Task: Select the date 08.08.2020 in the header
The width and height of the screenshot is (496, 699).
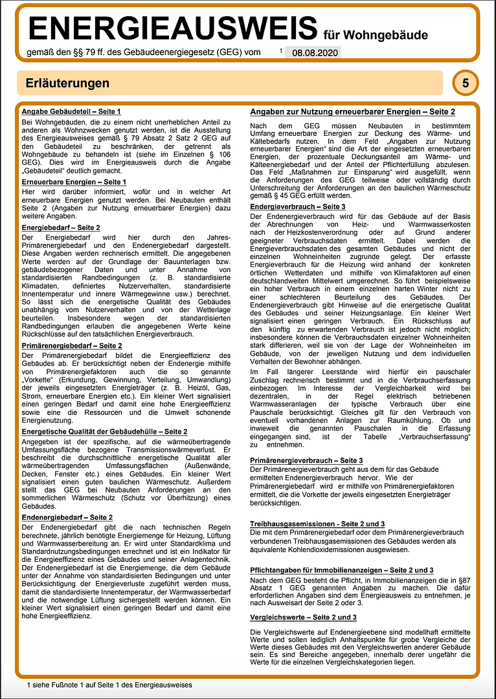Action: [313, 53]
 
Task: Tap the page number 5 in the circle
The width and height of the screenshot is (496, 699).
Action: [466, 83]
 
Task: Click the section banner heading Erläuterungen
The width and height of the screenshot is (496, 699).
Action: [67, 83]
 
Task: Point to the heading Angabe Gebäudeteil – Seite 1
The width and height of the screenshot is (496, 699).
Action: [71, 112]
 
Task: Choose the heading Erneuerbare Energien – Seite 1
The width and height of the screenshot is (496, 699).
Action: [74, 183]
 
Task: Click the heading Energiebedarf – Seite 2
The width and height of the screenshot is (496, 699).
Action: [61, 228]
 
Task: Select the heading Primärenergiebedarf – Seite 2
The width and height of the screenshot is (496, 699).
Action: [72, 346]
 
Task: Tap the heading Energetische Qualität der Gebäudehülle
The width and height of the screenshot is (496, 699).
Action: [104, 431]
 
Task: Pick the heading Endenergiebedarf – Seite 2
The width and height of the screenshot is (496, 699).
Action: [67, 517]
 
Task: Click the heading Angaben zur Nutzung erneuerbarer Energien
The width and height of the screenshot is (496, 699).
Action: [353, 112]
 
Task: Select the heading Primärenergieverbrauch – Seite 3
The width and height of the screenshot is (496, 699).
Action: [311, 459]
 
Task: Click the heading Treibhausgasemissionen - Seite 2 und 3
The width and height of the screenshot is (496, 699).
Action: [318, 523]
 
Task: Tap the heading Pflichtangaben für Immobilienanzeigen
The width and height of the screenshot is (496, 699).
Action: [342, 570]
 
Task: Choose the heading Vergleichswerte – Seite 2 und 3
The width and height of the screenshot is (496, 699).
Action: [304, 617]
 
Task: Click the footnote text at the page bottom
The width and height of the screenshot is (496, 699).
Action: [109, 684]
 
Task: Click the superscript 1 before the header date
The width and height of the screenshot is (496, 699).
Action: [281, 50]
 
